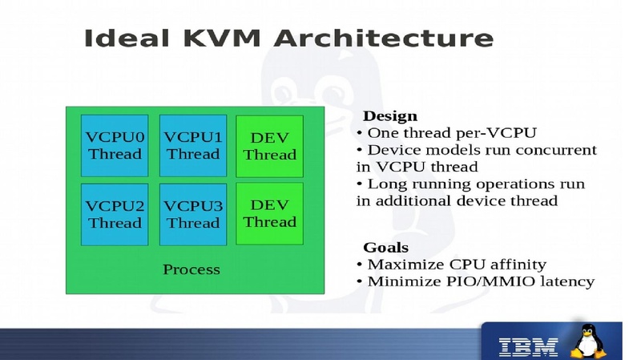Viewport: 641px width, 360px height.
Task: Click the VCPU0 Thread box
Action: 114,145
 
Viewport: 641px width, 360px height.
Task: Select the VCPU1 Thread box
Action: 192,145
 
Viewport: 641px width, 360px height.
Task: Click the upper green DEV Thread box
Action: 269,145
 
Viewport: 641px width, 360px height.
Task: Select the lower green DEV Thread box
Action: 269,213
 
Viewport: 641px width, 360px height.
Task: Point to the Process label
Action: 191,269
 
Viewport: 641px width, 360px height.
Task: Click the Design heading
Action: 390,116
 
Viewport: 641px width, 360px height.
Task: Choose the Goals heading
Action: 385,247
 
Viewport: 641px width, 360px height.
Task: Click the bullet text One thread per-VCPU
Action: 451,133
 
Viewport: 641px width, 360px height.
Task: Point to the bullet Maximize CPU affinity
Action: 457,264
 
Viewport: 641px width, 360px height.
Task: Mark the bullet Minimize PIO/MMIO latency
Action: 480,281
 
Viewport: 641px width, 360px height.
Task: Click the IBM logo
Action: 528,346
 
